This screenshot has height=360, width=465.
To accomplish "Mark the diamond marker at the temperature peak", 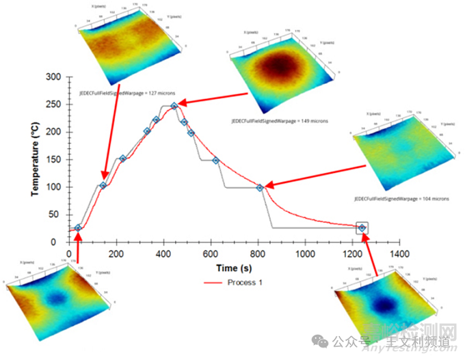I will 174,106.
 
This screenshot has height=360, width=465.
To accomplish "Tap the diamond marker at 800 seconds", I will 260,187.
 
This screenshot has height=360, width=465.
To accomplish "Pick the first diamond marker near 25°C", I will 78,227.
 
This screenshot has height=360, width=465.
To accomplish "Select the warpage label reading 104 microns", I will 401,198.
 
